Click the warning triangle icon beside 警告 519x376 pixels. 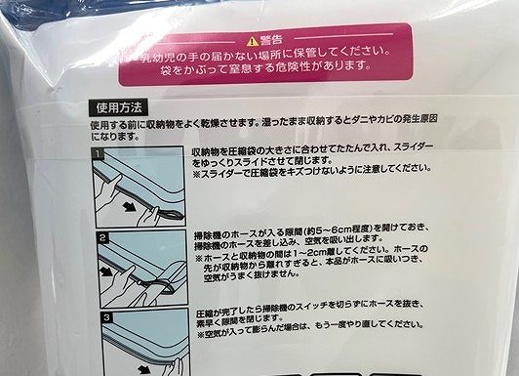(x=251, y=40)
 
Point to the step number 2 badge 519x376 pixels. (x=103, y=237)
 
